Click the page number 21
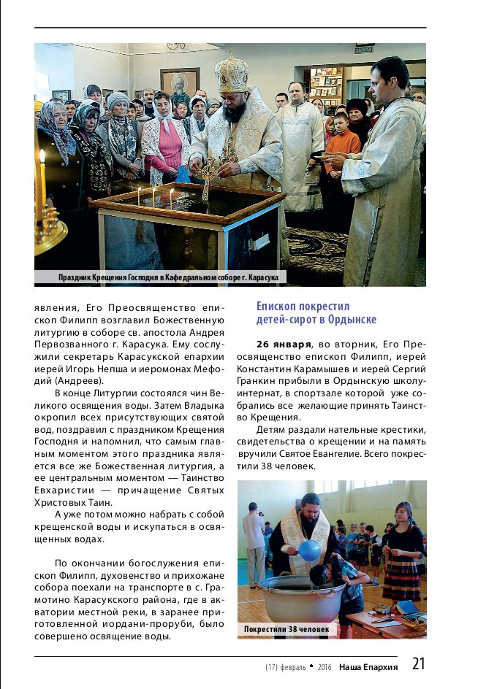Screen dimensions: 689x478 (418, 663)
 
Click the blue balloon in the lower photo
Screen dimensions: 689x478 (310, 550)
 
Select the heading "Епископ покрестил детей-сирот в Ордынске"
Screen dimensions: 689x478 (316, 313)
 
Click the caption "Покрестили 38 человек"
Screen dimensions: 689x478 (287, 629)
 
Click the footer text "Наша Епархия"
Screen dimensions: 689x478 (368, 666)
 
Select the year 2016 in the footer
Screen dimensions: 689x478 (325, 667)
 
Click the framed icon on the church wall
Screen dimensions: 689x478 (179, 85)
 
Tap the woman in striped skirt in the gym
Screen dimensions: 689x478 (401, 555)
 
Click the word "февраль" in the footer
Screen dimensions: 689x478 (294, 667)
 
